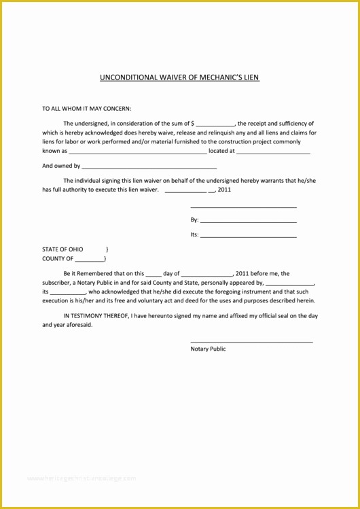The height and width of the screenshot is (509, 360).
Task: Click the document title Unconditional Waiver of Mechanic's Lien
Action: [x=179, y=77]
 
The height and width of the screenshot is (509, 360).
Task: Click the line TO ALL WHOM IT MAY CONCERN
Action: [x=87, y=108]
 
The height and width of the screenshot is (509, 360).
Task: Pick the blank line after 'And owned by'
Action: [x=149, y=167]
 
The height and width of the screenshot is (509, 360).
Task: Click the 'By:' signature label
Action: [x=194, y=220]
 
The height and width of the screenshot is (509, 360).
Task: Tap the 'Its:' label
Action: [x=194, y=235]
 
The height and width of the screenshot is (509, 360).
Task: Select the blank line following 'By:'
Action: [x=249, y=222]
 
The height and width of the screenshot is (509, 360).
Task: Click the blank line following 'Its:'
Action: [x=249, y=236]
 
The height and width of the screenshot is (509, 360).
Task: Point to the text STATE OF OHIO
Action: [x=62, y=249]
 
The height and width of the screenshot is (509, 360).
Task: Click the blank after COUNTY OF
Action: [x=90, y=260]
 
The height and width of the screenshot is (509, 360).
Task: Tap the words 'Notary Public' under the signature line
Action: [x=208, y=349]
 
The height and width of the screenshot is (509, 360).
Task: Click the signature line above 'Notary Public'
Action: [x=251, y=341]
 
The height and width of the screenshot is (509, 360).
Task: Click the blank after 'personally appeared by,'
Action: [x=290, y=283]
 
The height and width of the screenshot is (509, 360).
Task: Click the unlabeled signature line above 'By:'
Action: [x=243, y=207]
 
